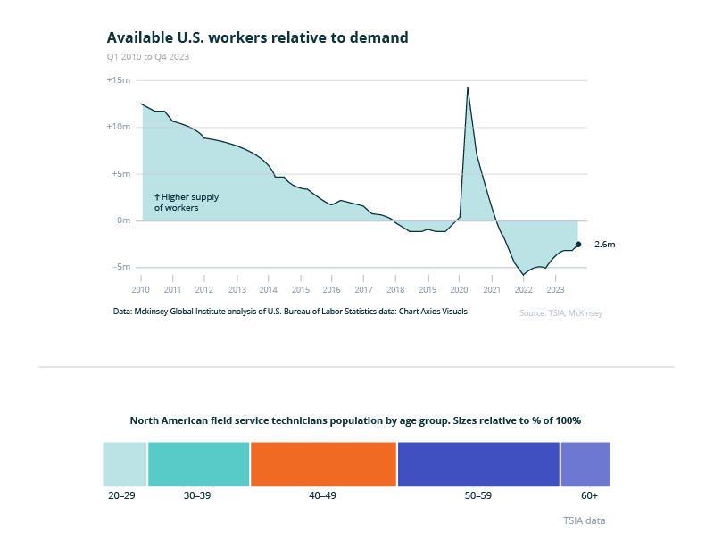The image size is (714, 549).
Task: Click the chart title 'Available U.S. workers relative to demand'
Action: (257, 37)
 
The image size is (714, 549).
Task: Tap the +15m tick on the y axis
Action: (119, 80)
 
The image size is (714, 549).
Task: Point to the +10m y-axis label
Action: (119, 127)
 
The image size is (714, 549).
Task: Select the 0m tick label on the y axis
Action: (123, 220)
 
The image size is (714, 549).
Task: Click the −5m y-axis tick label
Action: (120, 267)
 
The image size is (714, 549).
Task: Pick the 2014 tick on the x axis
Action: (268, 290)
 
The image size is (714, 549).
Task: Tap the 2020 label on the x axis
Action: (459, 290)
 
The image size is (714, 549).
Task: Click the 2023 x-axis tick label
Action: (555, 290)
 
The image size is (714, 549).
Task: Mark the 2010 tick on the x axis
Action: (140, 290)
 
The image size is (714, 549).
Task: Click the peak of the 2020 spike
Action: (468, 87)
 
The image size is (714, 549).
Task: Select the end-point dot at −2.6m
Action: (577, 244)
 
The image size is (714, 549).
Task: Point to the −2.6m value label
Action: (602, 244)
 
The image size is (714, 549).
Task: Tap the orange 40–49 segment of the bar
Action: (323, 463)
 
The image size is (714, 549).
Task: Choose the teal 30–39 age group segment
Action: (199, 463)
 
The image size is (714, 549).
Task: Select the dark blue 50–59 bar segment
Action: (478, 463)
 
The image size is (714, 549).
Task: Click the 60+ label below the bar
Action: (589, 495)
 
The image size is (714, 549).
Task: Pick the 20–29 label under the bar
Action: (120, 495)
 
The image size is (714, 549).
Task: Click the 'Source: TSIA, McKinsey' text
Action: (560, 313)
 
